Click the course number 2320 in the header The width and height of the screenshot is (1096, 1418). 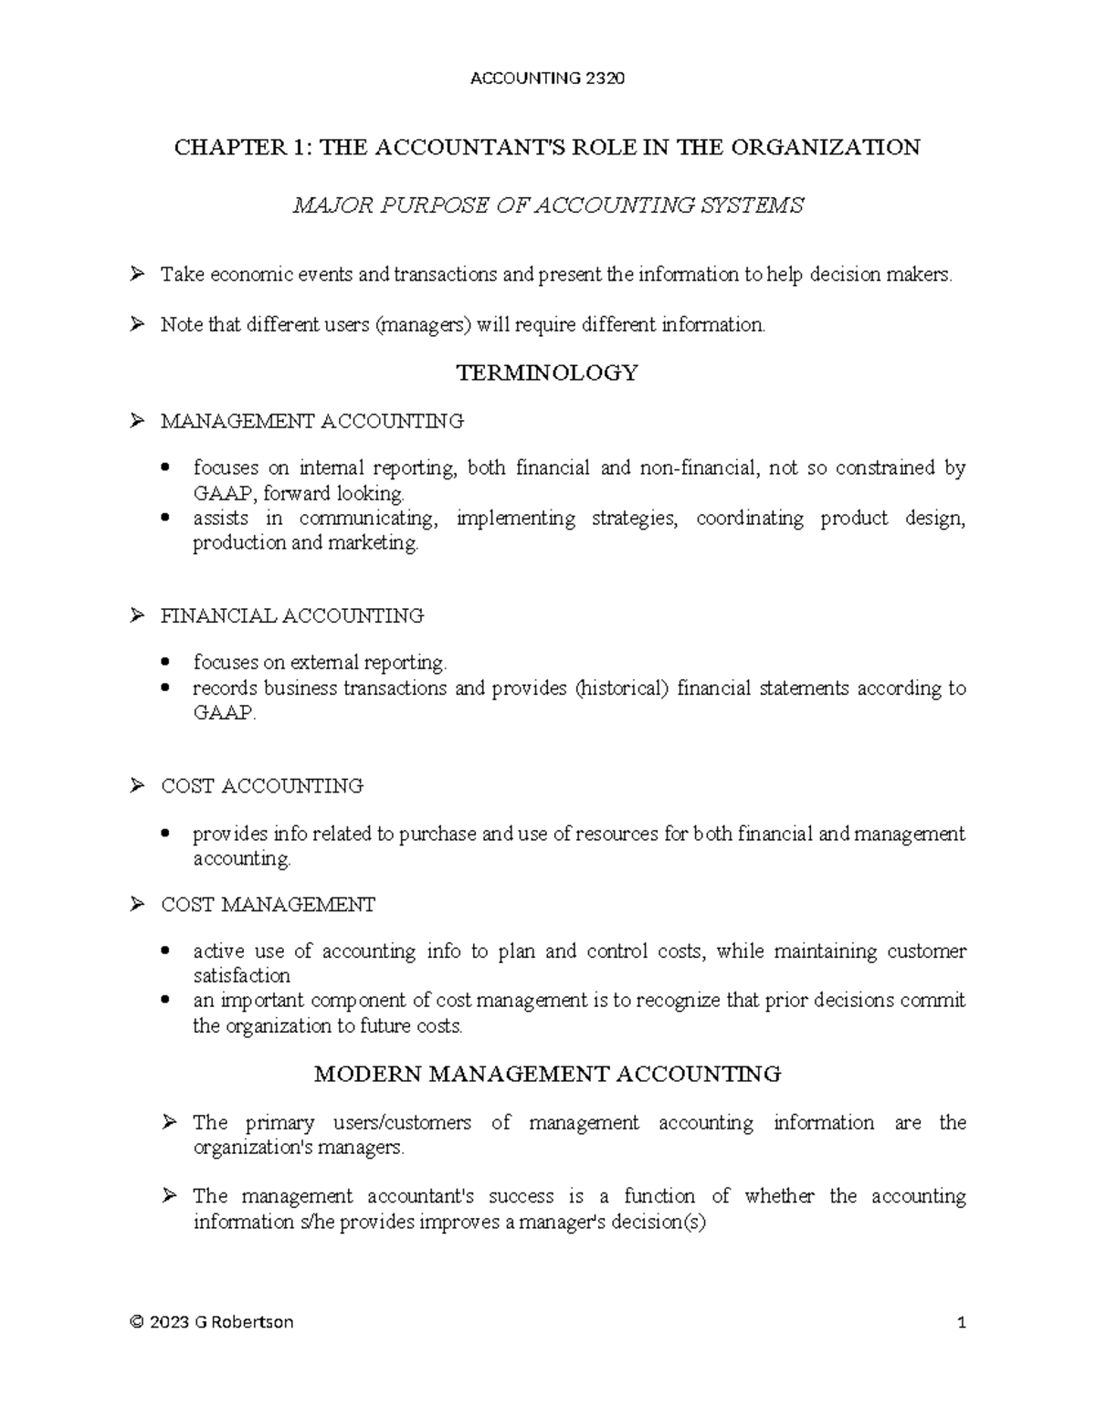605,79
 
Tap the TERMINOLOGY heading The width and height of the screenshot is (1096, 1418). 547,373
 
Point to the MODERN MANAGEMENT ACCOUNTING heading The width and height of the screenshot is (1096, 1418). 547,1074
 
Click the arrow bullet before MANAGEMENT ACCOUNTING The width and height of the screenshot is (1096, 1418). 137,421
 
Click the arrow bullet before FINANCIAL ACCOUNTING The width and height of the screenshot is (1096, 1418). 137,615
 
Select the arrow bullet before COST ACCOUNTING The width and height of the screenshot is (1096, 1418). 137,786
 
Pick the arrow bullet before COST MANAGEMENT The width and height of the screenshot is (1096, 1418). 137,905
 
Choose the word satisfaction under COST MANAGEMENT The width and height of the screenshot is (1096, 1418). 241,976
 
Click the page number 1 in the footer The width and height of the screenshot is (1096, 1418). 961,1322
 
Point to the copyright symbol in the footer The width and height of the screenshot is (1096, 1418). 137,1322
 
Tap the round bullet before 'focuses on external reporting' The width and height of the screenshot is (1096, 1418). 165,663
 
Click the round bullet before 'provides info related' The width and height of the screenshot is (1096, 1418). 165,834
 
